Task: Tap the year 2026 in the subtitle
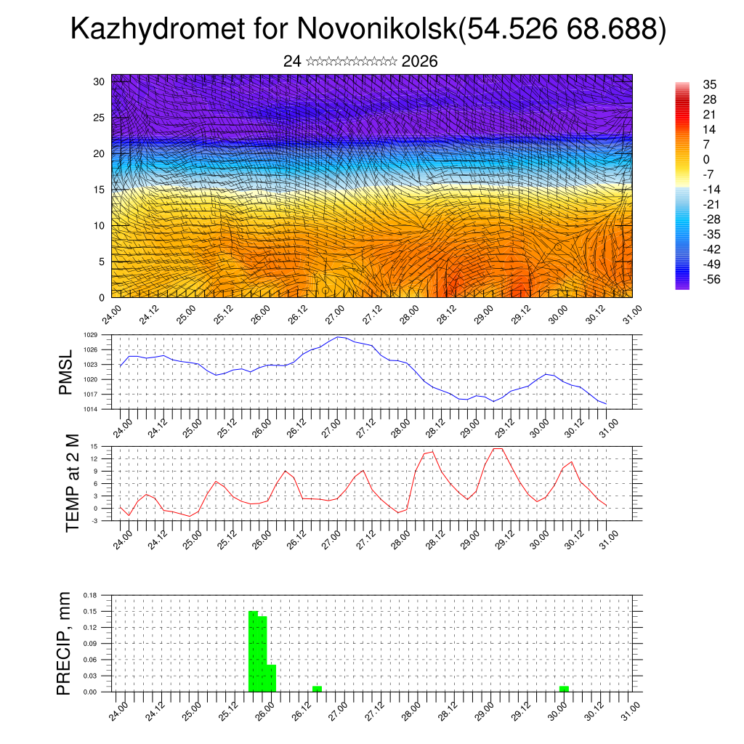[x=419, y=62]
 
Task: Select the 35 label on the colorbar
[x=710, y=85]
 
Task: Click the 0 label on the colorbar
[x=706, y=159]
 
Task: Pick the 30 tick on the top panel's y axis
[x=99, y=81]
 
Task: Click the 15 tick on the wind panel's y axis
[x=99, y=190]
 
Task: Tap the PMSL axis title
[x=66, y=371]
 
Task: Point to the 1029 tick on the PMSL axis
[x=90, y=335]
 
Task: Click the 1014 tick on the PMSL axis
[x=90, y=409]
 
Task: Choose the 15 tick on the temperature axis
[x=94, y=446]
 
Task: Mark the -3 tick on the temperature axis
[x=94, y=521]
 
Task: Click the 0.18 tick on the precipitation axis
[x=90, y=595]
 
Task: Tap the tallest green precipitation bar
[x=253, y=651]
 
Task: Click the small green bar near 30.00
[x=565, y=688]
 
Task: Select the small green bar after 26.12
[x=318, y=688]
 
